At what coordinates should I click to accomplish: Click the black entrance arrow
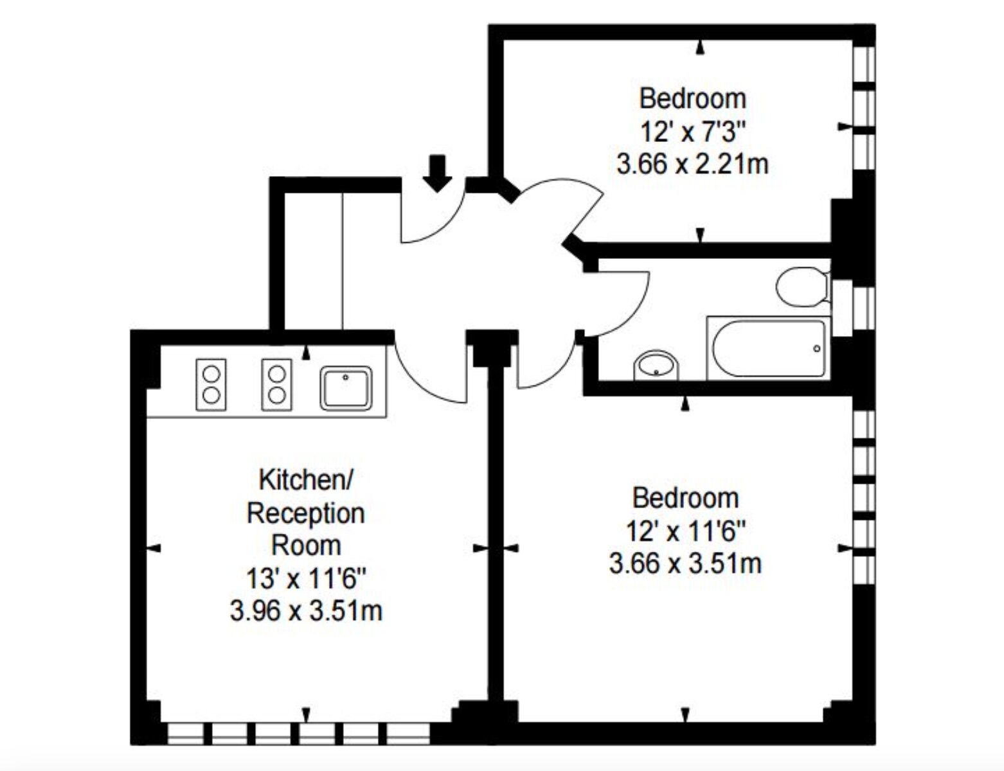437,173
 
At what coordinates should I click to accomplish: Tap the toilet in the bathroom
803,287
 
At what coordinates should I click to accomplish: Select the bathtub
768,348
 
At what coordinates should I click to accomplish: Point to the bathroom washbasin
656,366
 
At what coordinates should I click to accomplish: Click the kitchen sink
346,388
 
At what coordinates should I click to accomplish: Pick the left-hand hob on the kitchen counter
211,385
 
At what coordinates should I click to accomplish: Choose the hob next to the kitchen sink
277,385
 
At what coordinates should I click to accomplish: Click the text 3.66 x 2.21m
693,165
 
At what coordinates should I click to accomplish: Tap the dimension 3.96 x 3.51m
307,611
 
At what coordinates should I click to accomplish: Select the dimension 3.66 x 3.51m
685,563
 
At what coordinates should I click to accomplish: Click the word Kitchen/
306,480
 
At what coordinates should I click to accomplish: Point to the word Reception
306,514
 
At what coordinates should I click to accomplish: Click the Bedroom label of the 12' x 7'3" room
693,99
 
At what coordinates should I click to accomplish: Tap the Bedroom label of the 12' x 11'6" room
686,498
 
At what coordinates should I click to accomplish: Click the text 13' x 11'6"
307,578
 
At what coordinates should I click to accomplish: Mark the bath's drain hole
817,349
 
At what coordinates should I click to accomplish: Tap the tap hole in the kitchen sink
345,377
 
